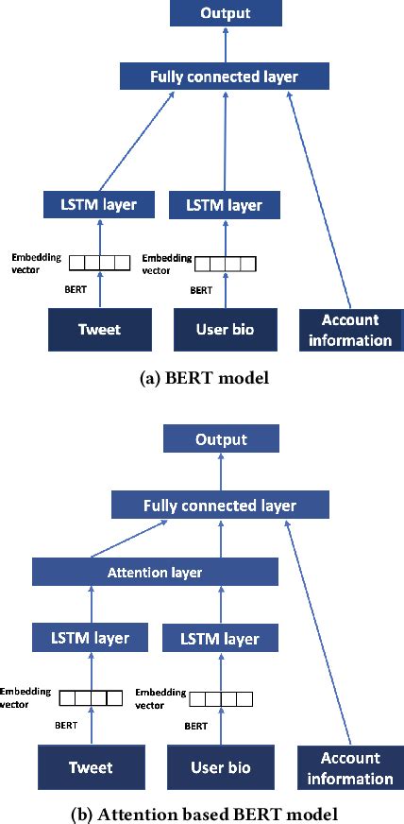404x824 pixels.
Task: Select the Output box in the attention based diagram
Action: (x=221, y=439)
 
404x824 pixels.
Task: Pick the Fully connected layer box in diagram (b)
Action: (x=219, y=505)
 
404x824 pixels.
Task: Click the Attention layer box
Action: (x=155, y=572)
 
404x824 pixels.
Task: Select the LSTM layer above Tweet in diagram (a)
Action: (x=91, y=204)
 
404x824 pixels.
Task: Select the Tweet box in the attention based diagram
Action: (x=90, y=768)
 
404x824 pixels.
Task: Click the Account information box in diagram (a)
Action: (x=350, y=330)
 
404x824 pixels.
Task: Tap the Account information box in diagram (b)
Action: (x=350, y=767)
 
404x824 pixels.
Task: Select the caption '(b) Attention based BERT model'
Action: (x=201, y=813)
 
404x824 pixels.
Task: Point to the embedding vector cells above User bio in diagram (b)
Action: (x=221, y=699)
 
